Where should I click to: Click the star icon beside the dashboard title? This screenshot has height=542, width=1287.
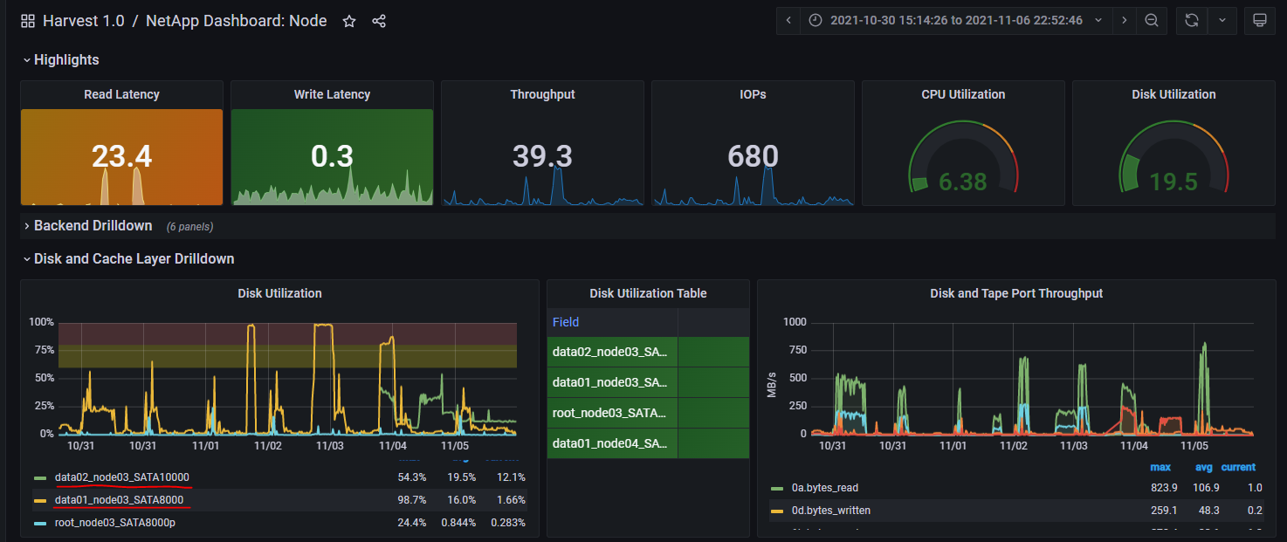(x=349, y=21)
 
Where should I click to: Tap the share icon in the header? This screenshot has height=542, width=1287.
(x=379, y=21)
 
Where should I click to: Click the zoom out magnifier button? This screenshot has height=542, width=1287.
(x=1152, y=20)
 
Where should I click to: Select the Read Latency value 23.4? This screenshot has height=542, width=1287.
(x=121, y=156)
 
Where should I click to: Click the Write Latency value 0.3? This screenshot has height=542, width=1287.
(x=332, y=156)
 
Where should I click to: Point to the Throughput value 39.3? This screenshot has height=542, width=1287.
(x=542, y=156)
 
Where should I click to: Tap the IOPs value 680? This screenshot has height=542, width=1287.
(x=753, y=156)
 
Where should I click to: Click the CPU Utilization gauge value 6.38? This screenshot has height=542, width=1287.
(x=963, y=182)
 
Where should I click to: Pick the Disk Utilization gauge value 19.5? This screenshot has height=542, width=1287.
(x=1173, y=182)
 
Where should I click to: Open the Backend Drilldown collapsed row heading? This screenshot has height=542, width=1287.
(x=93, y=226)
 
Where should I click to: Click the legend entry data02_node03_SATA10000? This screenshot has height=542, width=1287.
(x=122, y=477)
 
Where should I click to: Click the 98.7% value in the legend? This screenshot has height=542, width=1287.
(x=411, y=500)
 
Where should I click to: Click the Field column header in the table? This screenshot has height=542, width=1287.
(x=566, y=322)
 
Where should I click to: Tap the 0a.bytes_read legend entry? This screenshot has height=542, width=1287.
(x=818, y=488)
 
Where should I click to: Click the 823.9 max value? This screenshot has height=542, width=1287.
(x=1164, y=488)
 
